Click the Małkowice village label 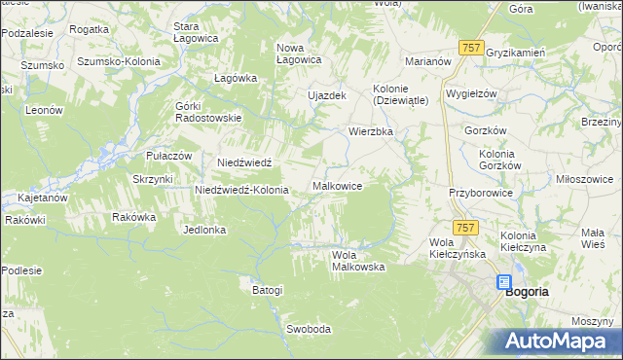click(338, 185)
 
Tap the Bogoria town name click(527, 291)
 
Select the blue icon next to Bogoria click(503, 282)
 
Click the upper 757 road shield click(471, 47)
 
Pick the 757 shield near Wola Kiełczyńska click(466, 227)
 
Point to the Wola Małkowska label click(357, 261)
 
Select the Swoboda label click(309, 329)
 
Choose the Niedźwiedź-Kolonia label click(241, 190)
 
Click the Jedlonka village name click(204, 230)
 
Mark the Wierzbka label click(371, 129)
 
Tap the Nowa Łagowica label click(299, 54)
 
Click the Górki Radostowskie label click(208, 112)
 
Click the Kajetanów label click(36, 198)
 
